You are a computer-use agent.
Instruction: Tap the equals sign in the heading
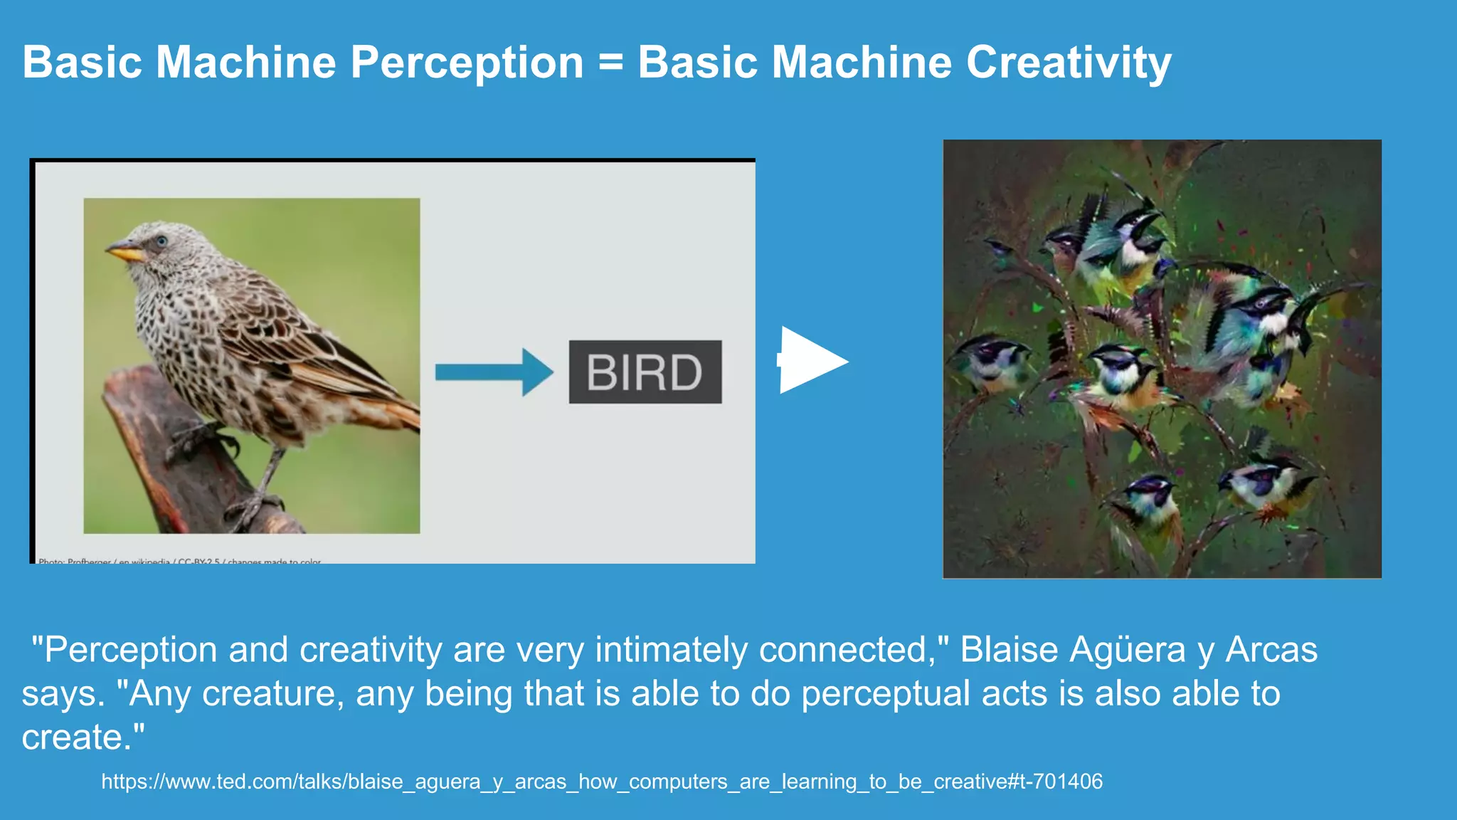[x=610, y=63]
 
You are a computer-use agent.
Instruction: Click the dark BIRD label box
[x=645, y=372]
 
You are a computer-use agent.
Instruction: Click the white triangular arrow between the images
[x=811, y=360]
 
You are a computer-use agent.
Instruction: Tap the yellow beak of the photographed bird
[x=124, y=251]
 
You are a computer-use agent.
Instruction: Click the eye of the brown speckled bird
[x=161, y=241]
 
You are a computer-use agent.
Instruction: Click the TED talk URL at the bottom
[x=602, y=782]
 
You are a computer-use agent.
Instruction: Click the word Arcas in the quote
[x=1271, y=650]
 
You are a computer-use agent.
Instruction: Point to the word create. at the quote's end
[x=83, y=737]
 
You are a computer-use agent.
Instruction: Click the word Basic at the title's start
[x=83, y=63]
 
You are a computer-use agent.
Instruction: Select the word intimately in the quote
[x=671, y=650]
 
